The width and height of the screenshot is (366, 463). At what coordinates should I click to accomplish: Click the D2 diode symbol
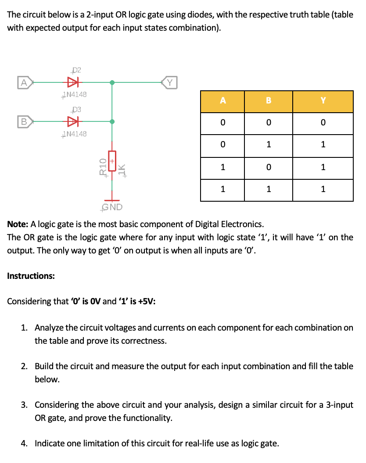72,82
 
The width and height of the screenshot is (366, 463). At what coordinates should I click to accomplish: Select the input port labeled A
25,82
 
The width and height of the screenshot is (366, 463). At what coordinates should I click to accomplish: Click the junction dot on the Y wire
112,82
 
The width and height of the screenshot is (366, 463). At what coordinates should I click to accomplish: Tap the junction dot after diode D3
112,121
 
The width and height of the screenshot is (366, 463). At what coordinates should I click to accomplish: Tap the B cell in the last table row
269,189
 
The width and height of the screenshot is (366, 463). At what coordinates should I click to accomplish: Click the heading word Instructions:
31,276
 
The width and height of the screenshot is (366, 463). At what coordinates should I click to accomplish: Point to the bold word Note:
18,224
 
